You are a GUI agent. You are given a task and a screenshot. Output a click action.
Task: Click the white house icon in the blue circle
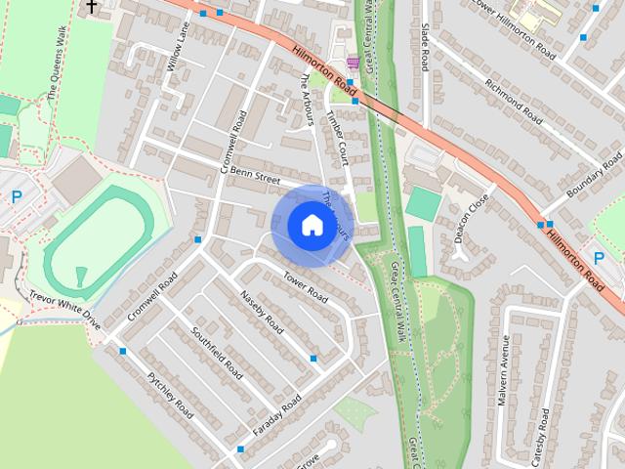pos(312,225)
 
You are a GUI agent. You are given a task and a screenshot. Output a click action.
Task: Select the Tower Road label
pos(305,284)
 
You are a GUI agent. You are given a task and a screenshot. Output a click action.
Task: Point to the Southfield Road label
pos(217,353)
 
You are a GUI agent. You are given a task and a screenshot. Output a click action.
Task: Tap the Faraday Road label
pos(278,415)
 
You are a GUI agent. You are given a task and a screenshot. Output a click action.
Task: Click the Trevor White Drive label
pos(64,309)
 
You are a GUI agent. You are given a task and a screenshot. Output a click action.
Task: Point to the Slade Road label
pos(425,48)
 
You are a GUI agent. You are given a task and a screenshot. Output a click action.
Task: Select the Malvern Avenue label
pos(505,371)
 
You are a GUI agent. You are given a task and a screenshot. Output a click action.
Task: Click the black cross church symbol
pos(92,7)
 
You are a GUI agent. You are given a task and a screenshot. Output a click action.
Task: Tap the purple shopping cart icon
pos(352,64)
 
